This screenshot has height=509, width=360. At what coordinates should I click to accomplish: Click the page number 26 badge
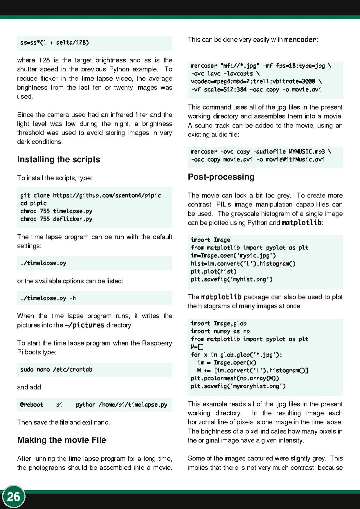[x=14, y=497]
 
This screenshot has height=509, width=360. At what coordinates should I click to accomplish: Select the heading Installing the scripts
[x=59, y=160]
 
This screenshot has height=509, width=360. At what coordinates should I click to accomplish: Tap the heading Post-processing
[x=221, y=177]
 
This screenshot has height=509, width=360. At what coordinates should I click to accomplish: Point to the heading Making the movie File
[x=62, y=440]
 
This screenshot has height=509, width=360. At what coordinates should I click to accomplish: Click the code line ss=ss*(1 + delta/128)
[x=55, y=43]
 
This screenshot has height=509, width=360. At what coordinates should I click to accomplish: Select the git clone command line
[x=91, y=196]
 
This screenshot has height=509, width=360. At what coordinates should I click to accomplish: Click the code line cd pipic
[x=33, y=203]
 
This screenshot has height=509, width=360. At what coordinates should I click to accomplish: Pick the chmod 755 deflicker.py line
[x=56, y=219]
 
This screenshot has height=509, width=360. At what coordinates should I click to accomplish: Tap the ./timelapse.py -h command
[x=48, y=298]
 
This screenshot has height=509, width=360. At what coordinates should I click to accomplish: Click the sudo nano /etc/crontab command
[x=56, y=370]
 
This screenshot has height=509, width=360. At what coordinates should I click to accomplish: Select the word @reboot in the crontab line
[x=32, y=405]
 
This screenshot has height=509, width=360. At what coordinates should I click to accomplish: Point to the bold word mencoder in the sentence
[x=300, y=40]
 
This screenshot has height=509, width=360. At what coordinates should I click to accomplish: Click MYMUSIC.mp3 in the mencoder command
[x=306, y=152]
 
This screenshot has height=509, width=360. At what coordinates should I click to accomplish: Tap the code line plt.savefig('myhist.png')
[x=232, y=279]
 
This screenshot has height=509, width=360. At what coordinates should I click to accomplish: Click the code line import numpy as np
[x=220, y=331]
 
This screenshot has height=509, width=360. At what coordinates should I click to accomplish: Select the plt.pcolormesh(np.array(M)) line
[x=235, y=378]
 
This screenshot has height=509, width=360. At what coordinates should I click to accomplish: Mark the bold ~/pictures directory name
[x=85, y=325]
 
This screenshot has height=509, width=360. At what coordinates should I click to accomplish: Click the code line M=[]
[x=197, y=347]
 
